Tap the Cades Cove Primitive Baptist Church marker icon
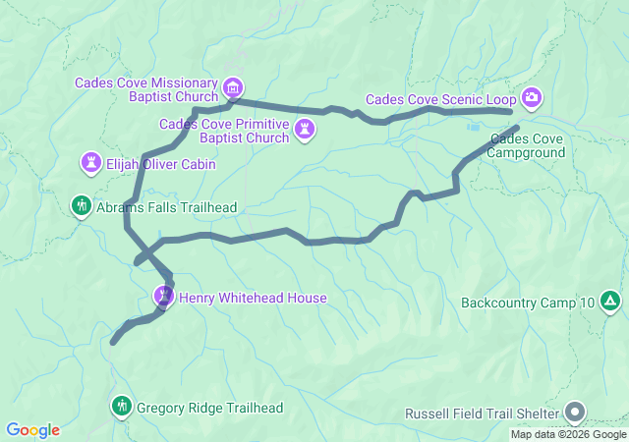point(307,130)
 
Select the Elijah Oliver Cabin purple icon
point(92,161)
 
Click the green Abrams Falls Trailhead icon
point(81,206)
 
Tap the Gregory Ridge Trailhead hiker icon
point(122,406)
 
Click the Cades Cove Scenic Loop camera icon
point(532,97)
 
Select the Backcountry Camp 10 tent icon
point(609,301)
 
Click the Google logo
point(32,430)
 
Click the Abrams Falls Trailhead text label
point(166,207)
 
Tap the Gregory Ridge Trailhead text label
point(209,408)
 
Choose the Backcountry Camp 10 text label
point(528,302)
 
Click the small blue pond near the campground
point(474,126)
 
